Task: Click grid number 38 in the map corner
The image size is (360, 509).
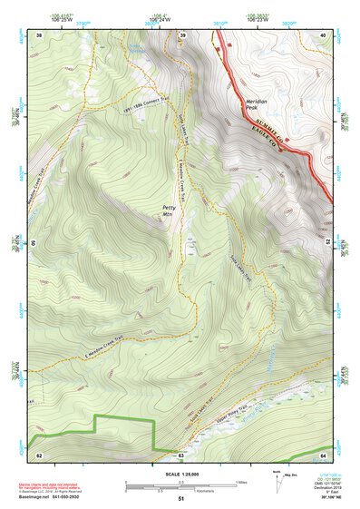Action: click(x=39, y=34)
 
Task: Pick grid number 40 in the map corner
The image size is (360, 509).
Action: click(x=324, y=34)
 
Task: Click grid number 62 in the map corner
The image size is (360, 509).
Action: click(x=39, y=454)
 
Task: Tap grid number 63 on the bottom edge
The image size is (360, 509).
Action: click(x=181, y=454)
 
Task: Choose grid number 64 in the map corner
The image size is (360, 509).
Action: click(x=324, y=454)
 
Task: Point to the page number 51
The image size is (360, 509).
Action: click(x=181, y=499)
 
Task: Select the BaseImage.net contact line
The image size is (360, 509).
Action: click(x=51, y=498)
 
